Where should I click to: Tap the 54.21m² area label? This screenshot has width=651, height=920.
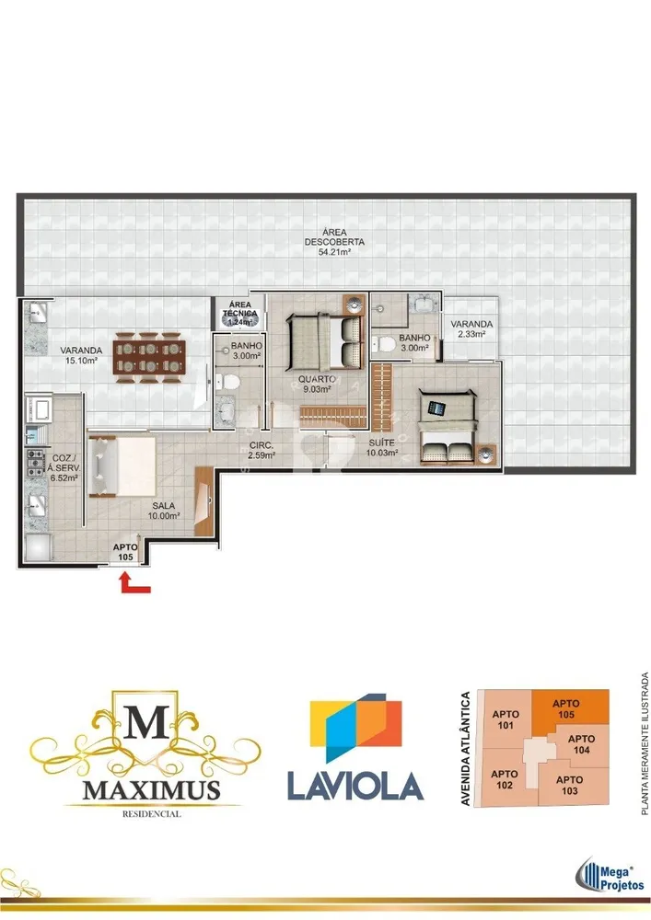click(334, 252)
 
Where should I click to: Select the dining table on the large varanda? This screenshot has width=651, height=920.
click(149, 357)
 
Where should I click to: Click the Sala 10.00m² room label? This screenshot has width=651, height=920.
click(163, 511)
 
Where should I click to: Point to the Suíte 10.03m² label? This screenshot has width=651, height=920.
click(381, 447)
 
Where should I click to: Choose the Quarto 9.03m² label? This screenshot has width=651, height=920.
click(317, 384)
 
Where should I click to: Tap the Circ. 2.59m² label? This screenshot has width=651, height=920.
click(262, 450)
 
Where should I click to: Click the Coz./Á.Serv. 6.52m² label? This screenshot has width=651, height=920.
click(65, 467)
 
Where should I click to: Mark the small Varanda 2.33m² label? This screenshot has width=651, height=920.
click(471, 328)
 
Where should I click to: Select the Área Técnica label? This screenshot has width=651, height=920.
click(240, 309)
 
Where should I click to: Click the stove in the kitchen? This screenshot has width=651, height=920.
click(35, 463)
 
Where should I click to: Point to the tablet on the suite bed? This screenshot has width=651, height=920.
click(436, 408)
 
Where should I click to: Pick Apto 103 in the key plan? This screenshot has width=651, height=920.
click(569, 785)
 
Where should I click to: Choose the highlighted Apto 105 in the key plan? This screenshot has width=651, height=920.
click(566, 708)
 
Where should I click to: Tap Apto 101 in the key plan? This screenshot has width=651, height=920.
click(506, 719)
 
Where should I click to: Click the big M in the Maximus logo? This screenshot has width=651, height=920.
click(145, 720)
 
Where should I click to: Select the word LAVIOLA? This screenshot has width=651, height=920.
click(355, 786)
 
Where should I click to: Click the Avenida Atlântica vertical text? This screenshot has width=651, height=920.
click(466, 748)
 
